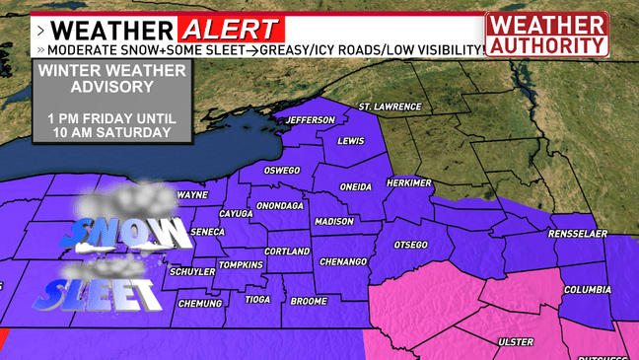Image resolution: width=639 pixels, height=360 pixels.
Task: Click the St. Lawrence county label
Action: (x=390, y=107)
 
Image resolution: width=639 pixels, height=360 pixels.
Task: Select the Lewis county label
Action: (x=351, y=141)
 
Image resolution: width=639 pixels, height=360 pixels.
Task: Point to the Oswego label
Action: (x=281, y=171)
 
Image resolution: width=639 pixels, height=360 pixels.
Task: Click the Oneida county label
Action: (x=357, y=186)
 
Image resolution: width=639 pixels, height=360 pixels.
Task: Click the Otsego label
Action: (x=409, y=244)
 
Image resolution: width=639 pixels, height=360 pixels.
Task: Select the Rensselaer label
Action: (x=577, y=234)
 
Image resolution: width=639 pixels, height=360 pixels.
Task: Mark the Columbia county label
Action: (x=588, y=290)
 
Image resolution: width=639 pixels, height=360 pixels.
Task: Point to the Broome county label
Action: (x=310, y=301)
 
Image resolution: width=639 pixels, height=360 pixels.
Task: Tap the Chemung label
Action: (x=200, y=304)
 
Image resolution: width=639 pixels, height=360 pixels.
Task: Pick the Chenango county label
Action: (x=342, y=261)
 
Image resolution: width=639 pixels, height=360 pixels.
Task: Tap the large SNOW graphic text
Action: (x=128, y=233)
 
